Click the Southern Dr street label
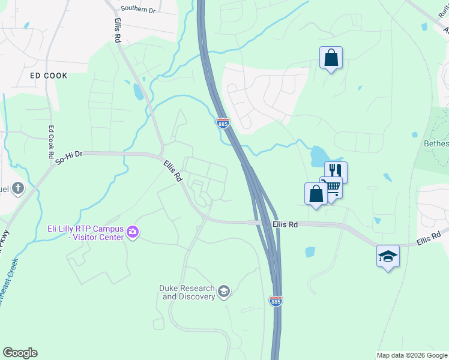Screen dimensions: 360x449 137,9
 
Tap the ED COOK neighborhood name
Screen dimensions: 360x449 49,76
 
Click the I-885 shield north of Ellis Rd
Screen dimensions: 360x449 223,123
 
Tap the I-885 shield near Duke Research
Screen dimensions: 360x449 276,301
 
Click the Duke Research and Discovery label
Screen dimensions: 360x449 187,292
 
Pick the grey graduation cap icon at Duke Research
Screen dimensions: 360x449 224,292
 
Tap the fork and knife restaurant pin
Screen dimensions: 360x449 336,172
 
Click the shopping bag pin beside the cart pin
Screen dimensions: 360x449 316,194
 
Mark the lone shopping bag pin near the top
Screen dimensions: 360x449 331,58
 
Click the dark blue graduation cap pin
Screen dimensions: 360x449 388,256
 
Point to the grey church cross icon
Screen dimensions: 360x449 18,188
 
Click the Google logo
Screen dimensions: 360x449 20,353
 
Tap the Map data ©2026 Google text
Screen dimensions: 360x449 411,355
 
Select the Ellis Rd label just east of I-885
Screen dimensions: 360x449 285,224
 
